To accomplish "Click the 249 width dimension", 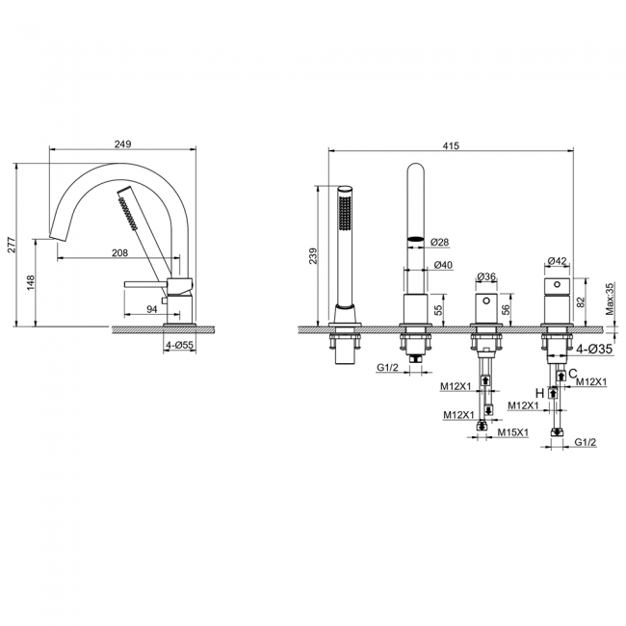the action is click(122, 144).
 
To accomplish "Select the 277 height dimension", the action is click(12, 245).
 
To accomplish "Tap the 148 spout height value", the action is click(31, 282).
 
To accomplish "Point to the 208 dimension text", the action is click(119, 252).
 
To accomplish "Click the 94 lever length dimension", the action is click(152, 309).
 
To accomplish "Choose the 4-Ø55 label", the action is click(180, 346).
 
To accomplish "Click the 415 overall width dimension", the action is click(451, 145).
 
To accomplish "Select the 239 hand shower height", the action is click(313, 256).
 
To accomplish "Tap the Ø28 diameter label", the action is click(439, 242).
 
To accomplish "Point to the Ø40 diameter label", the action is click(443, 265).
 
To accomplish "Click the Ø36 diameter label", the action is click(486, 276).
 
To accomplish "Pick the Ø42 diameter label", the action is click(557, 261).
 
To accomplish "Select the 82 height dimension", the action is click(580, 300).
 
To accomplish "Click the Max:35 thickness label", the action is click(610, 299).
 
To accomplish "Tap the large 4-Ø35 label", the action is click(594, 349).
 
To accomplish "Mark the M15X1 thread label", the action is click(513, 432).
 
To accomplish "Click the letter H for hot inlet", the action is click(539, 394).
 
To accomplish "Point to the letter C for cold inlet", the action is click(572, 374).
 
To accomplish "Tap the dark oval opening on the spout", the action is click(415, 239).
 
